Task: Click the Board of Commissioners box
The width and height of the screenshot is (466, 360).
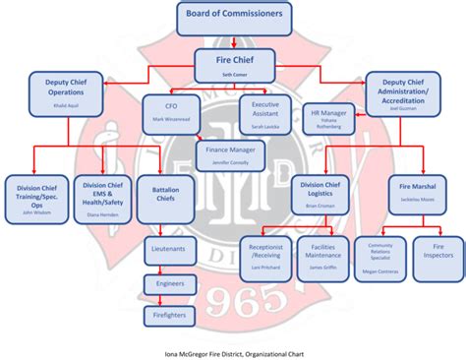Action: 233,16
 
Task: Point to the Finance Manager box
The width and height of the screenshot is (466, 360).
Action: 231,154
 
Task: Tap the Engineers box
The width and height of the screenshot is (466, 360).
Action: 170,283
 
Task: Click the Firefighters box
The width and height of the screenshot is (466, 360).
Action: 170,315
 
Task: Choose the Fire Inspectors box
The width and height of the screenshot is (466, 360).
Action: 434,254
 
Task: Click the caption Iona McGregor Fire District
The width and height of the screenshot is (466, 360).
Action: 233,349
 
